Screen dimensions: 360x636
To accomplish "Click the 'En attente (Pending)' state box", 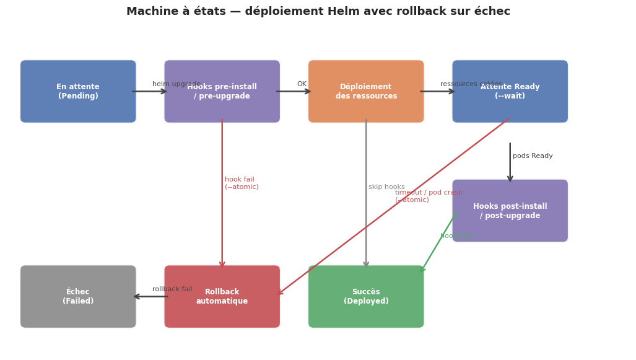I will pos(78,91).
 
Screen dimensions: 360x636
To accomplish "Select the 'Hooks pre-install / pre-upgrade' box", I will pos(222,91).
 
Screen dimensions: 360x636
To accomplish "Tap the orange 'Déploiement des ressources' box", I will pos(366,91).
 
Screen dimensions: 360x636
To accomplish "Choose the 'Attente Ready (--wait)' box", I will pos(510,91).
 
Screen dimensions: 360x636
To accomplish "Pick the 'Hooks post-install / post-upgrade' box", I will pos(510,211).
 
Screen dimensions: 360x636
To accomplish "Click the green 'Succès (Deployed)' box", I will pos(366,296).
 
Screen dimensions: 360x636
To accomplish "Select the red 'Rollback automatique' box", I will pos(222,296).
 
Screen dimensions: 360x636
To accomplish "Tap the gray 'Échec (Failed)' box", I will pos(78,296).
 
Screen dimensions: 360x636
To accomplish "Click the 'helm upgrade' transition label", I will pos(176,84).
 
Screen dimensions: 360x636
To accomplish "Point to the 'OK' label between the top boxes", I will pos(302,84).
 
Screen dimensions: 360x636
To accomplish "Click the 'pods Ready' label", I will pos(533,156).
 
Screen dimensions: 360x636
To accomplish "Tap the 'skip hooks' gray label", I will pos(386,187).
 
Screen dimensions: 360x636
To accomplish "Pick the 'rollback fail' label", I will pos(172,289).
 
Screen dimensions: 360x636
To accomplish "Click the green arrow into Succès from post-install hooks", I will pos(438,242).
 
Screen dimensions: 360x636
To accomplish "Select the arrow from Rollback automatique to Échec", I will pos(150,296).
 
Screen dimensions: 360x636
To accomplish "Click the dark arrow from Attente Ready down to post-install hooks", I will pos(510,162).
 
